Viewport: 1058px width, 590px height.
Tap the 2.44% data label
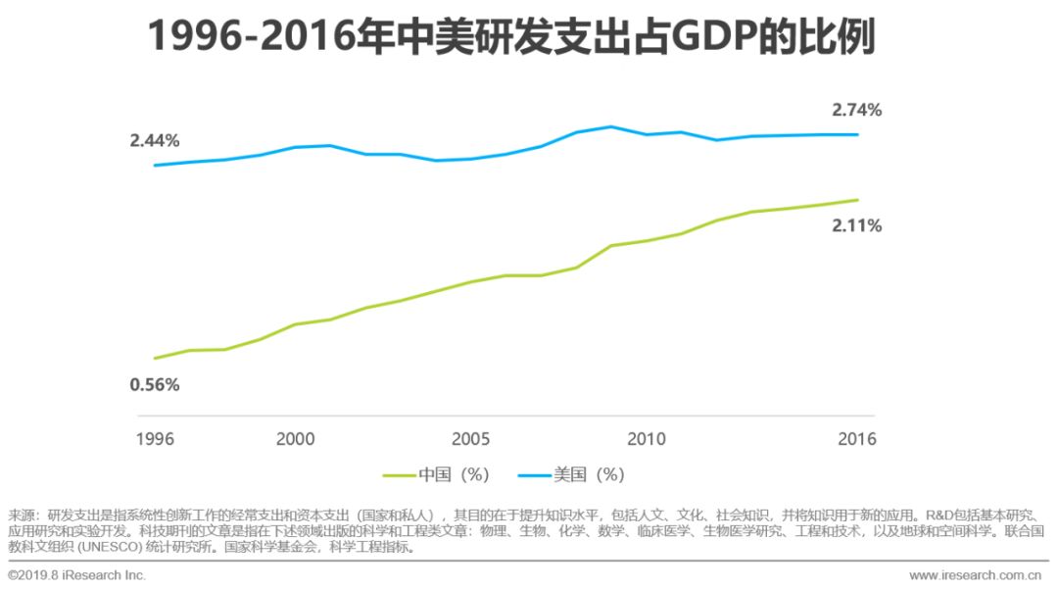[155, 140]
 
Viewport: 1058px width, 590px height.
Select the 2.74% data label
[856, 110]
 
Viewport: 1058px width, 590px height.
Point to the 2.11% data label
[856, 225]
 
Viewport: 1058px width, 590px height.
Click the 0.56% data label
[155, 384]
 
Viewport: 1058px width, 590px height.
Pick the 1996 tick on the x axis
[155, 438]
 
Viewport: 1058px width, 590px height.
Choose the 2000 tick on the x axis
[295, 438]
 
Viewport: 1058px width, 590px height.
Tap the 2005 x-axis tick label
[470, 438]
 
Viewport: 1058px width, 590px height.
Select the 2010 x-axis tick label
[646, 438]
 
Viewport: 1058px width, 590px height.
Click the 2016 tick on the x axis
[856, 438]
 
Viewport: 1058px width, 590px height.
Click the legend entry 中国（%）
[454, 474]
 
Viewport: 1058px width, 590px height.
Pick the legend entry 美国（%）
[589, 474]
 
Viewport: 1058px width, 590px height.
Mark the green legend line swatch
[398, 475]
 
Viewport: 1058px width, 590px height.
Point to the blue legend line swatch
[533, 475]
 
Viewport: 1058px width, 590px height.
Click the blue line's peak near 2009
[611, 126]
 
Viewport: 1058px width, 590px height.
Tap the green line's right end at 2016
[858, 200]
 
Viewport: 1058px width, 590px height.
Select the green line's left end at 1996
[155, 358]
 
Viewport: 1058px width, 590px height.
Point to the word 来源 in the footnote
[23, 515]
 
